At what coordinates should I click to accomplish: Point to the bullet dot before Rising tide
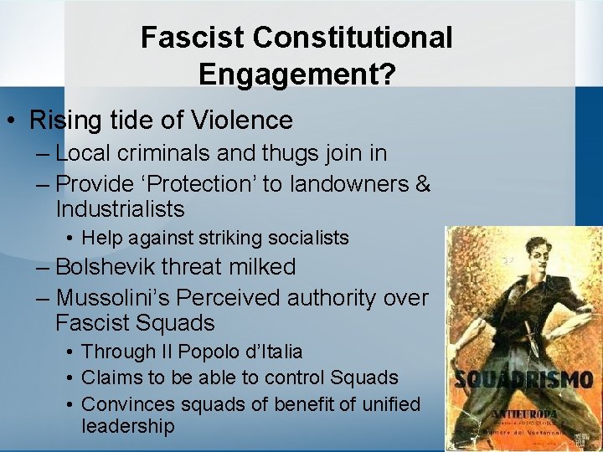click(x=14, y=121)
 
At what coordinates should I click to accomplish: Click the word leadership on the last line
click(x=128, y=426)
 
